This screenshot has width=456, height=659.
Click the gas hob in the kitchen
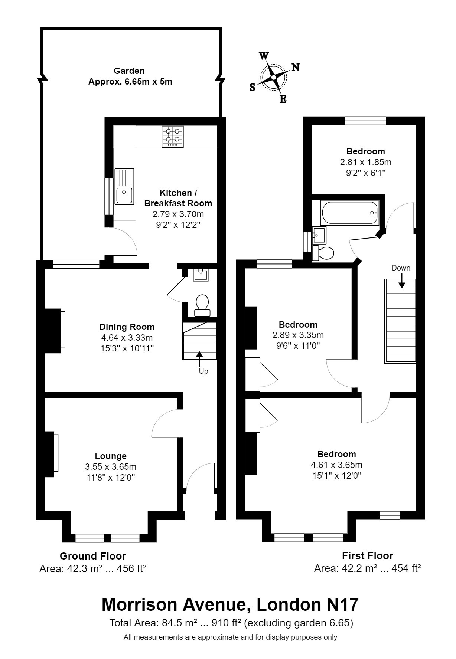tap(173, 137)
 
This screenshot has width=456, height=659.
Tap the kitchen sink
tap(124, 187)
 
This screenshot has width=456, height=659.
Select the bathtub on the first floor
tap(350, 213)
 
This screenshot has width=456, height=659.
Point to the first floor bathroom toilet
tap(323, 253)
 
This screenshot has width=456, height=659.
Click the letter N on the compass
tap(295, 67)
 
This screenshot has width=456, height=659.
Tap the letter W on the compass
tap(264, 56)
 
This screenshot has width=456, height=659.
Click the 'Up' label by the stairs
tap(203, 371)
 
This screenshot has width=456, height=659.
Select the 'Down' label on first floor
tap(401, 268)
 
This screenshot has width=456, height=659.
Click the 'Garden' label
tap(129, 71)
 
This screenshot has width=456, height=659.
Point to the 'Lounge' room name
tap(111, 456)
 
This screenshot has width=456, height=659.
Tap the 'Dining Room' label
tap(127, 327)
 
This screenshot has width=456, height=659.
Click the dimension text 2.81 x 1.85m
tap(366, 162)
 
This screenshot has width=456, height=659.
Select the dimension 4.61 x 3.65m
tap(337, 465)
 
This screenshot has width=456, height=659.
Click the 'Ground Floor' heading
tap(93, 556)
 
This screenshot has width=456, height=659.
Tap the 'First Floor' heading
tap(368, 555)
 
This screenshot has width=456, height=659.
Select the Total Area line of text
tap(231, 623)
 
